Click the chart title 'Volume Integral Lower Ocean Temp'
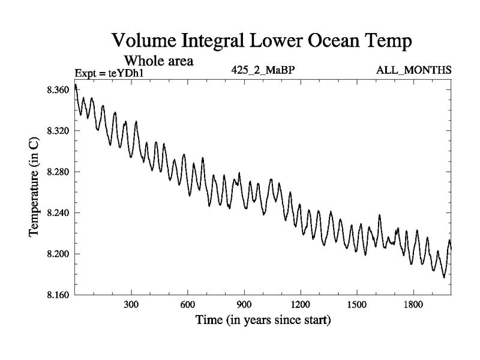(x=263, y=42)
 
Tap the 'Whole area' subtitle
(x=158, y=61)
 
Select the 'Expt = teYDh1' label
(x=110, y=74)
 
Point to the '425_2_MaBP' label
(x=263, y=70)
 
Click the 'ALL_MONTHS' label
(x=413, y=70)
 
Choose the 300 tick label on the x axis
(x=131, y=305)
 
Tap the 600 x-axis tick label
(x=187, y=305)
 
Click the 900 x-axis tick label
(x=244, y=305)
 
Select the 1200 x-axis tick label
(x=300, y=305)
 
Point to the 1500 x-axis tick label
(x=356, y=305)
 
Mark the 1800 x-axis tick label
(x=413, y=305)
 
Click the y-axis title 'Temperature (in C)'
(x=35, y=192)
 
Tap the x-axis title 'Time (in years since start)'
(x=263, y=320)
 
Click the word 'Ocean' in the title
(x=317, y=42)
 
